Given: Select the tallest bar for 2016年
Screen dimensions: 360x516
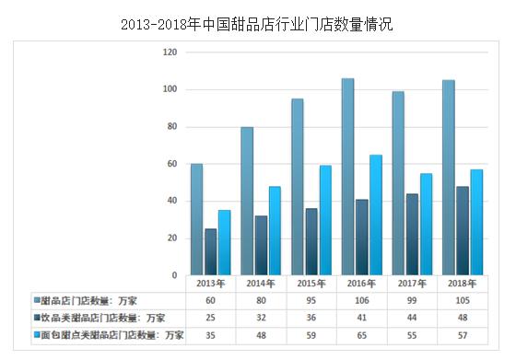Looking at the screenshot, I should coord(347,177).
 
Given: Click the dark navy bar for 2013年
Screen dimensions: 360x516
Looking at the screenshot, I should coord(210,252).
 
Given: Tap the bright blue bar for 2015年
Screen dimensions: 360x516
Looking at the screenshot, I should coord(325,220).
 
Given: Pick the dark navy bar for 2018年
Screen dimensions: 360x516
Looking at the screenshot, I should coord(463,231).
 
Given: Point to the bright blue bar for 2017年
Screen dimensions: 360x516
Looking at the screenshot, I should coord(426,224).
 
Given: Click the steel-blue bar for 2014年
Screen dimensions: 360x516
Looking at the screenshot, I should coord(247,201).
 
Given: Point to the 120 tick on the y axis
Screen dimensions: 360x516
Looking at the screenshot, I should coord(170,52).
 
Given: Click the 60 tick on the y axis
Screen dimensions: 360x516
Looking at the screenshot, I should coord(171,164).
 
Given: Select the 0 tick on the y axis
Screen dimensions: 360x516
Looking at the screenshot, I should coord(174,275).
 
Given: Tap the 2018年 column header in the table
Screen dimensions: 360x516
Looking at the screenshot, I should coord(463,285).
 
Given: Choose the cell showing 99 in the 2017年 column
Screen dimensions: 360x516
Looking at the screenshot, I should coord(412,301).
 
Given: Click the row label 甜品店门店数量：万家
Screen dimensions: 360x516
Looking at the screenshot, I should coord(88,301).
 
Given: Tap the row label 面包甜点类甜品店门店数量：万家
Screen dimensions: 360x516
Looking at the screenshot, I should coord(106,333).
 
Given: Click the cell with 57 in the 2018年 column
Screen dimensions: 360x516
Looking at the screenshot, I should coord(463,333).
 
